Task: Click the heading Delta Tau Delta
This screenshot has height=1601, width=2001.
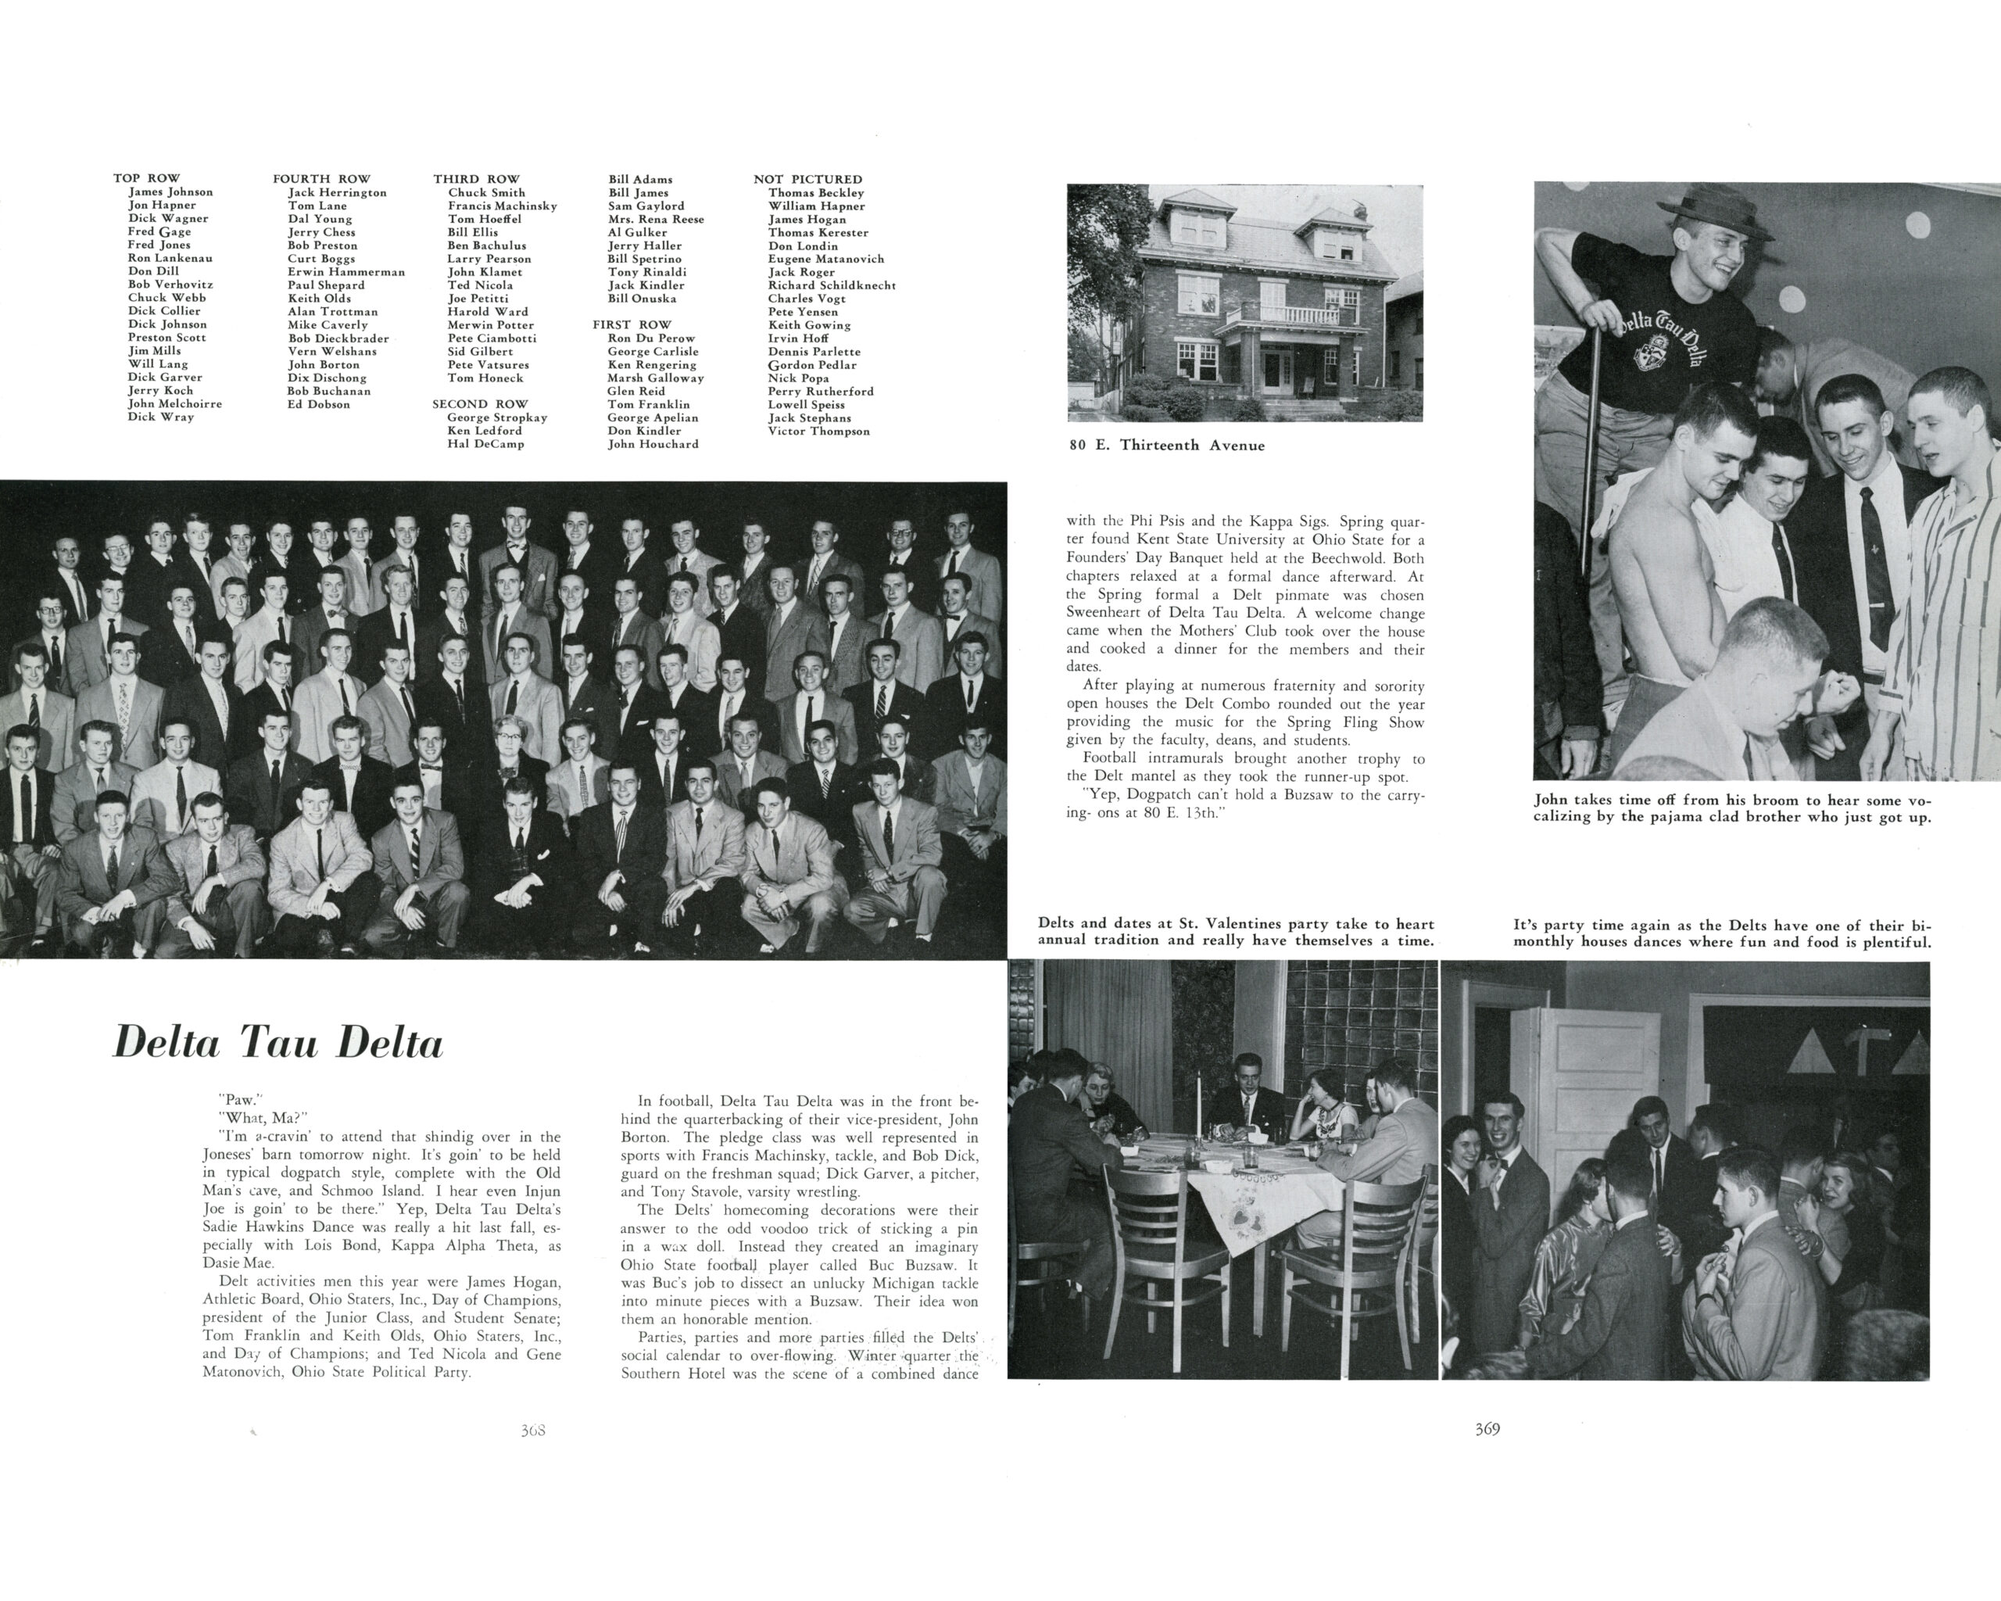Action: coord(277,1043)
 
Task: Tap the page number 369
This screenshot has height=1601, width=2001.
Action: coord(1487,1429)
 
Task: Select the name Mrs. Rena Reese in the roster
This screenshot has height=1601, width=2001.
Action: coord(655,219)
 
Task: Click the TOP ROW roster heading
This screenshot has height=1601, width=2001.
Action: coord(147,178)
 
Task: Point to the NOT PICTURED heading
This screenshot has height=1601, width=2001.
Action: coord(807,179)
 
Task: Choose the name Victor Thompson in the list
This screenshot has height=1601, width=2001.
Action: coord(818,431)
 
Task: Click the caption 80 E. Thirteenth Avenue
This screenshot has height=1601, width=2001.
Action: coord(1167,446)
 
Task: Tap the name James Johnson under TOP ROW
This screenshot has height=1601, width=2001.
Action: coord(170,192)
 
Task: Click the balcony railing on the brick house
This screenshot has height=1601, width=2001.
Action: coord(1287,313)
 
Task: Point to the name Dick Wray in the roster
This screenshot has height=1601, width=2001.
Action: coord(160,417)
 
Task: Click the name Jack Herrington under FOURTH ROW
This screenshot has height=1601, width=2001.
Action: coord(337,192)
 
